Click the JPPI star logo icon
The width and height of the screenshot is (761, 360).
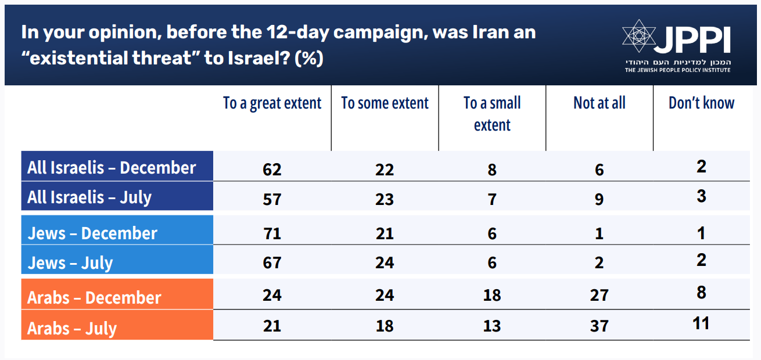[x=639, y=37]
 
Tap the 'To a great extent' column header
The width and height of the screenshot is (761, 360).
[x=272, y=103]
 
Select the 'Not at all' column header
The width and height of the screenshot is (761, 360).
[x=599, y=103]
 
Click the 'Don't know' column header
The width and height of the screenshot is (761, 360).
[x=701, y=103]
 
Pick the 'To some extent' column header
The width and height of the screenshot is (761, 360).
[x=385, y=103]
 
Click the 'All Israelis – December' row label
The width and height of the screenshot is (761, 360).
[x=112, y=168]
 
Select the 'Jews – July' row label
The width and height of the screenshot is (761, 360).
[x=70, y=262]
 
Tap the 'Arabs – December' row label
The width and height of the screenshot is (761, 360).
[x=94, y=297]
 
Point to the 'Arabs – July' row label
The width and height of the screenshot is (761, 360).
[x=72, y=328]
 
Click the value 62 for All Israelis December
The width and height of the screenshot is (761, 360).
[x=272, y=170]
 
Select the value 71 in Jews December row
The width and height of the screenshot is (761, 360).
[x=272, y=233]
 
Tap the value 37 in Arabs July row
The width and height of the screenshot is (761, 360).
[x=599, y=326]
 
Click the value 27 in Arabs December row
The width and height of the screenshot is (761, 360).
[x=599, y=295]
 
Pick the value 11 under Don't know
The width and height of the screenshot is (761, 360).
[x=701, y=323]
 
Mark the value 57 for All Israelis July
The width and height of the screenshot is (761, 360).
[x=272, y=199]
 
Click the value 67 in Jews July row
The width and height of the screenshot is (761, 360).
[x=272, y=262]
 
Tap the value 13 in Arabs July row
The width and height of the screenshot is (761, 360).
[x=491, y=326]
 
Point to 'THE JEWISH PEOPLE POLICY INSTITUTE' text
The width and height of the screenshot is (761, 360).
[x=677, y=70]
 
